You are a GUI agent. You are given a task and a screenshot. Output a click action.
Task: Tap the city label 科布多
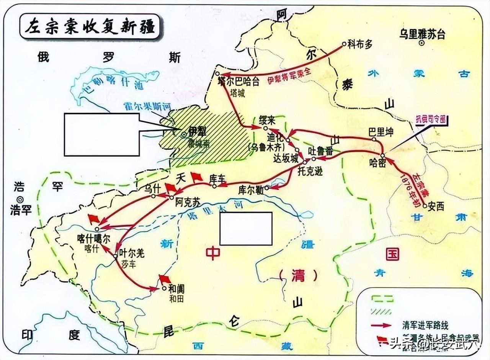(x=360, y=45)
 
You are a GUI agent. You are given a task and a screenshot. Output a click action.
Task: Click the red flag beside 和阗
(x=165, y=278)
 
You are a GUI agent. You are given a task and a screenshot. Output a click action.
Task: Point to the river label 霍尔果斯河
(x=144, y=108)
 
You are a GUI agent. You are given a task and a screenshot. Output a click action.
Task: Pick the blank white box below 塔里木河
(x=246, y=229)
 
